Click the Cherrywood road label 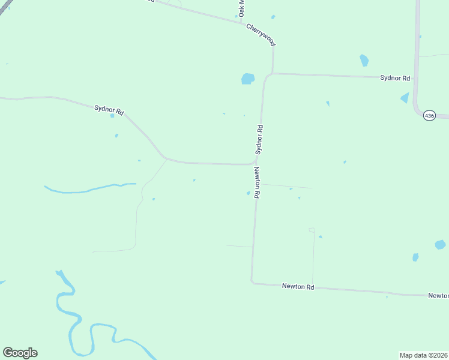click(261, 35)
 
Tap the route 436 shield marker click(429, 115)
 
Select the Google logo click(20, 353)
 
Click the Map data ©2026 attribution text click(423, 355)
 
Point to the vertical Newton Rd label click(257, 183)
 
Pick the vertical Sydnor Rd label click(259, 140)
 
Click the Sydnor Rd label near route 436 click(395, 78)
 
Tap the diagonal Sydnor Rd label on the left click(109, 110)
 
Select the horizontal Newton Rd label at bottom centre click(298, 287)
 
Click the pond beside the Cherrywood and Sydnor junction click(248, 79)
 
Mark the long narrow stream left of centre click(90, 188)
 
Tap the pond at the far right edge click(440, 245)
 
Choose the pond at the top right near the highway click(364, 60)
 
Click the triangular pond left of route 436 click(405, 98)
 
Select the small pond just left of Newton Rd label click(248, 193)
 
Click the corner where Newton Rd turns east click(253, 281)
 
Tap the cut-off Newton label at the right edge click(439, 296)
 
